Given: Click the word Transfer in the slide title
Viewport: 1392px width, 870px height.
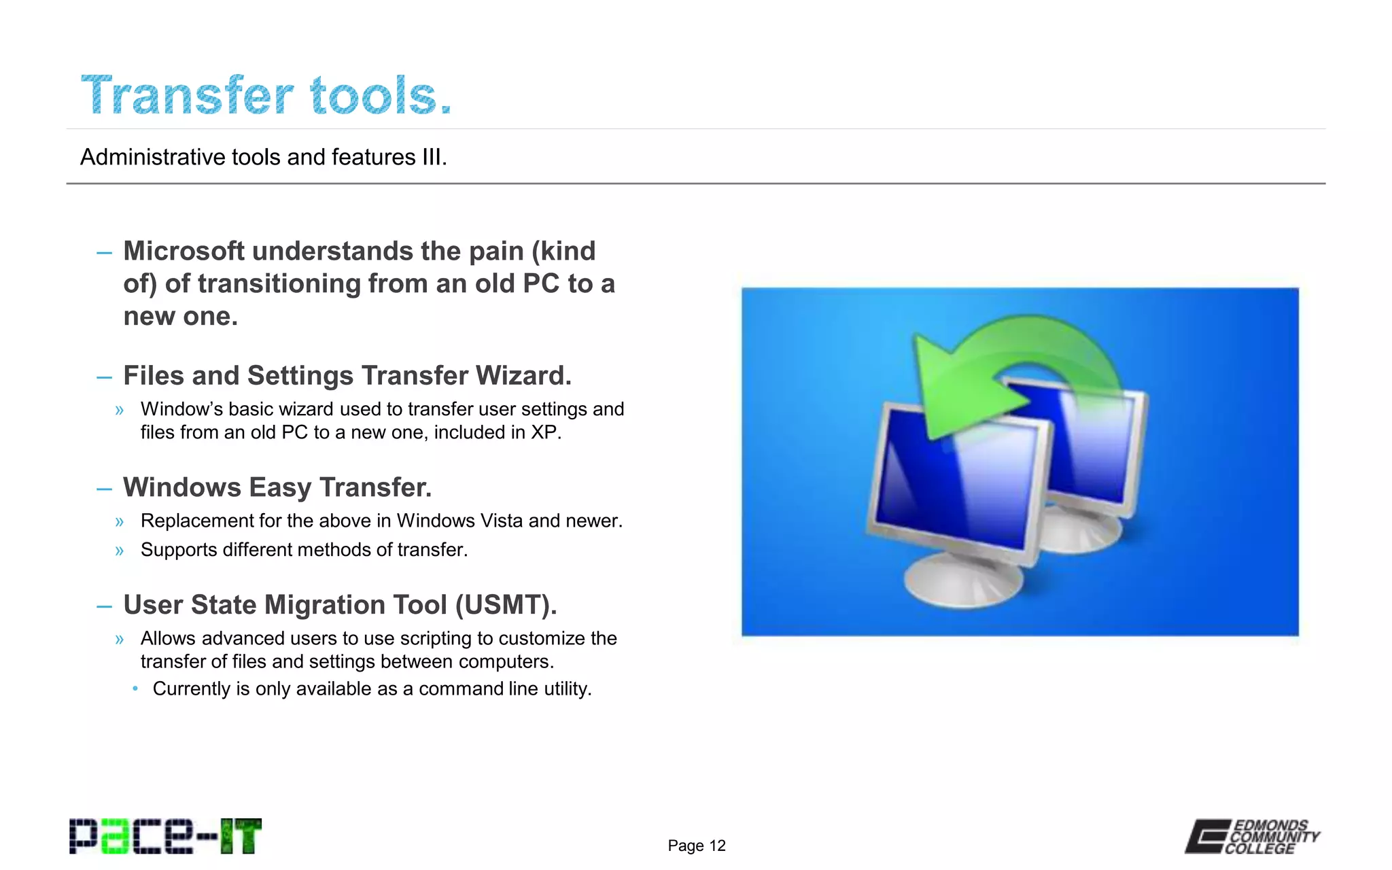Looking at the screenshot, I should (188, 96).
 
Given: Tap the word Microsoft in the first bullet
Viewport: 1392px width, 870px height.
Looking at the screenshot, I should (184, 251).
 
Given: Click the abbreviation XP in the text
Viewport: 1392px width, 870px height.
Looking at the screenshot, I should (544, 433).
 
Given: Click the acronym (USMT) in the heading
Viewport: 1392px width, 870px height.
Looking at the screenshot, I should (505, 605).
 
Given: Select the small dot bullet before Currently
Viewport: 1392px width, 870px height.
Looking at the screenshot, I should (136, 689).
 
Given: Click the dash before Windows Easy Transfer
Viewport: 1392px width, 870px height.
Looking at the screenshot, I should (104, 489).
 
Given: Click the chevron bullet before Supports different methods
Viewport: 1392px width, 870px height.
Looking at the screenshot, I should (120, 551).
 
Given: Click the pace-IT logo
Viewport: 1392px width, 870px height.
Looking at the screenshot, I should (165, 837).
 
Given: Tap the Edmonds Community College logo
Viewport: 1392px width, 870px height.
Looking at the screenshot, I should (1252, 837).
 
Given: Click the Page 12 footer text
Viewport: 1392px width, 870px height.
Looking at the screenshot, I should (696, 846).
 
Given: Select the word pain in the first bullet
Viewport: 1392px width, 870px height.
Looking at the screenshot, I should (495, 251).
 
